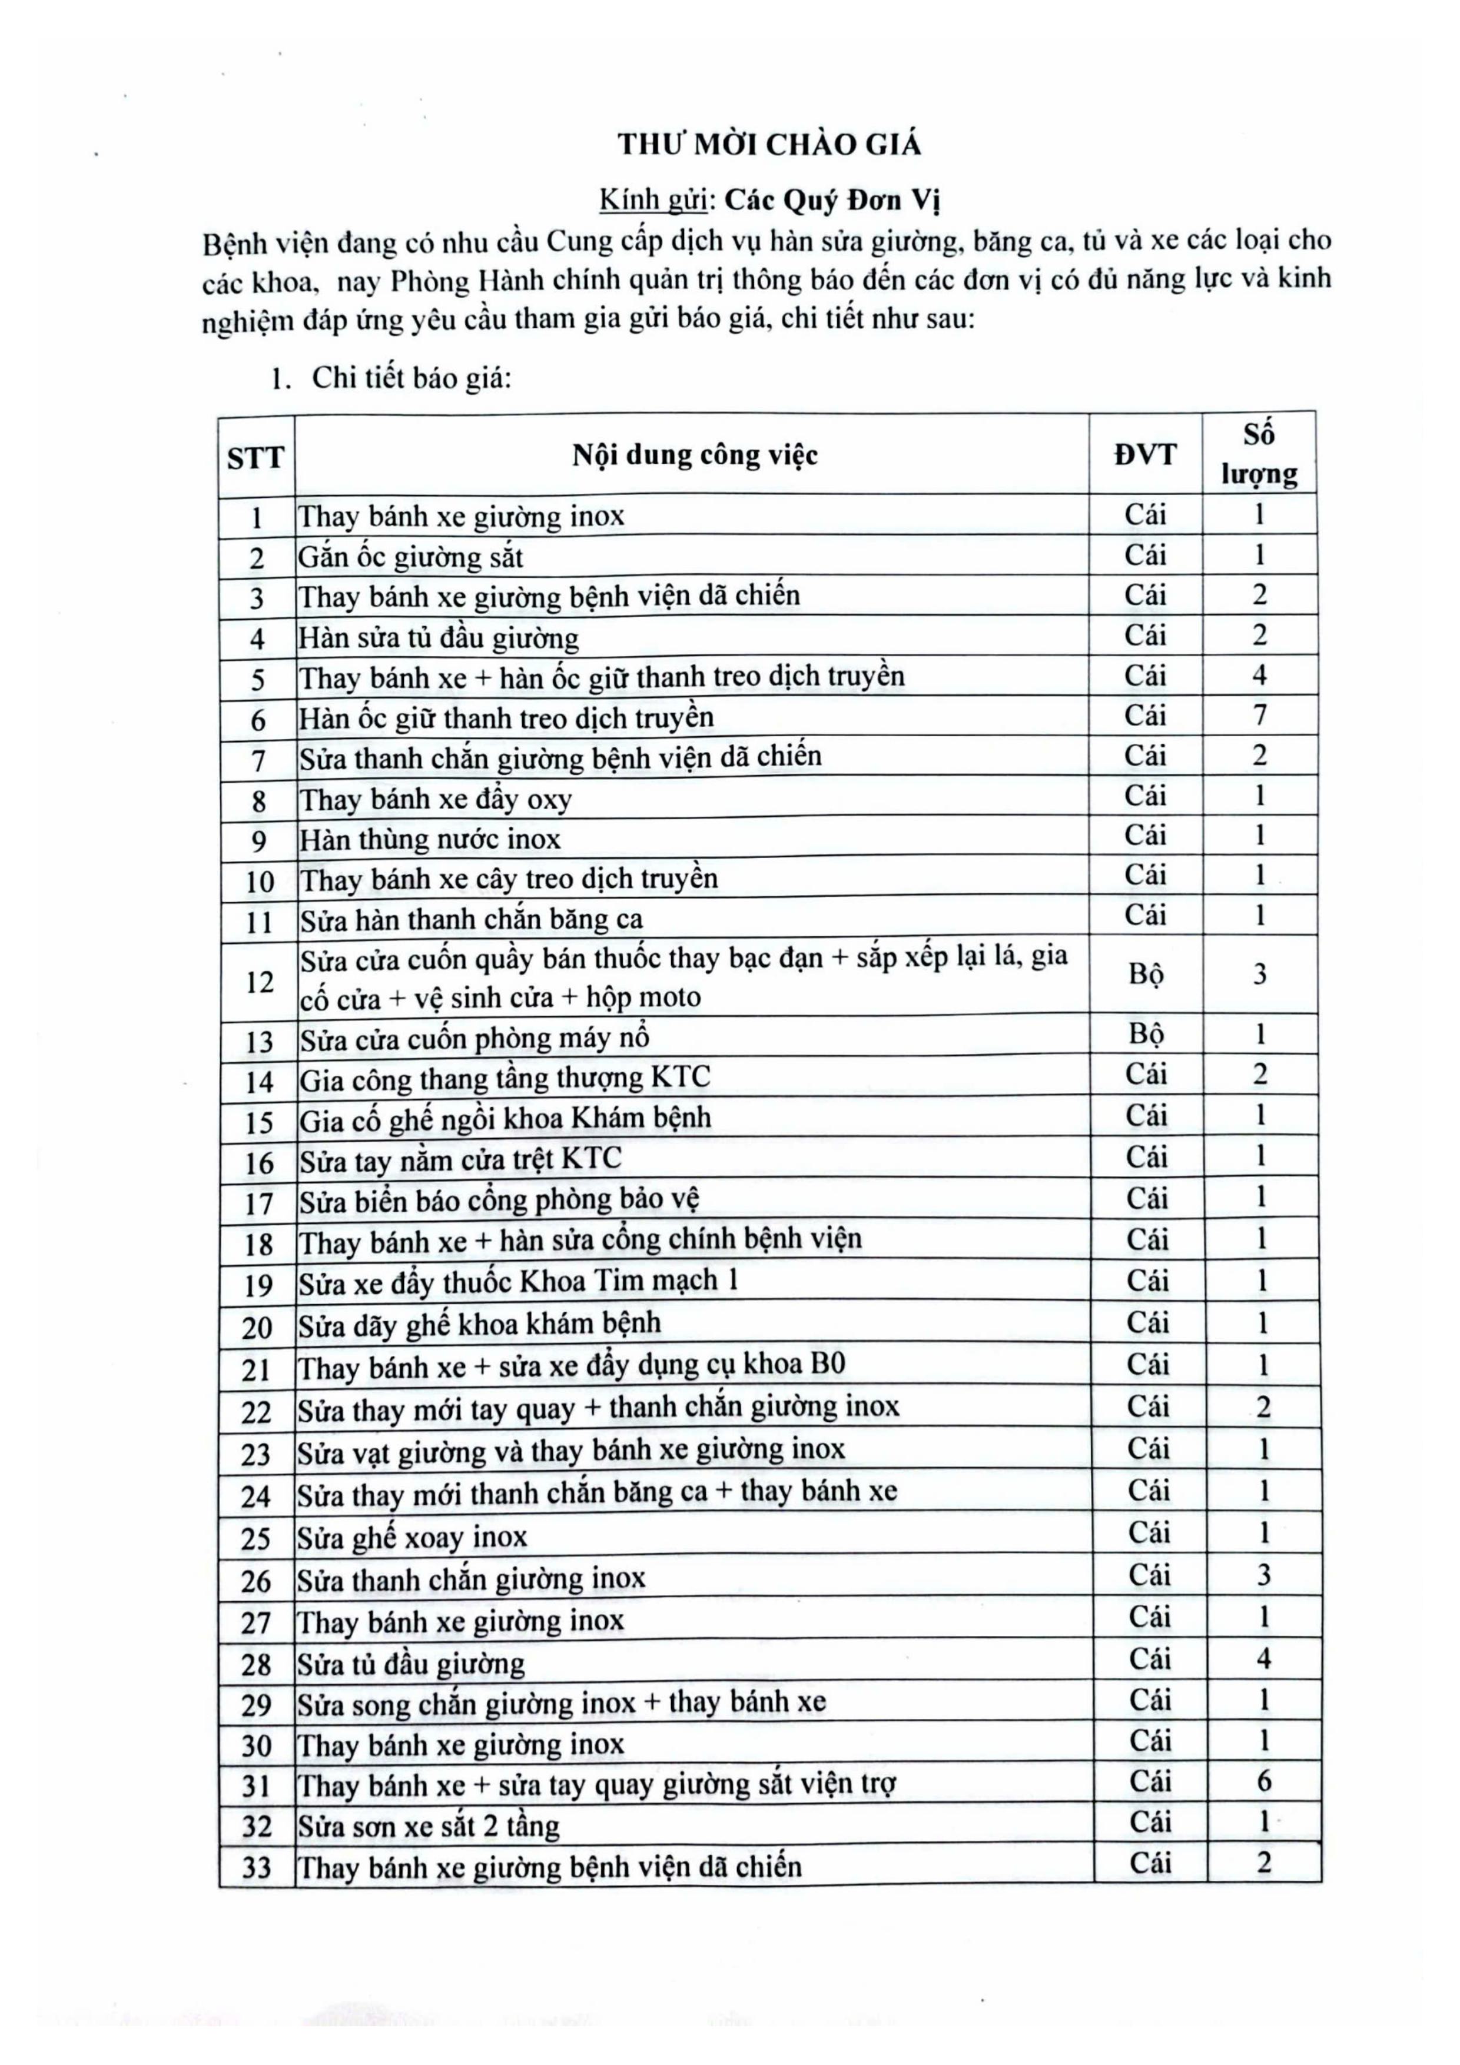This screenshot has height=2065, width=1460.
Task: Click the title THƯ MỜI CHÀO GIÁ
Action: point(769,145)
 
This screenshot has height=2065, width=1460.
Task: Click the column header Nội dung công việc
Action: point(695,455)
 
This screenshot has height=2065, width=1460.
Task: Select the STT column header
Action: point(255,458)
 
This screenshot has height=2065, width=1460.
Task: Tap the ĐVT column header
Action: point(1145,454)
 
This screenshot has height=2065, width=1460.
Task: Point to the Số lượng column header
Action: point(1259,454)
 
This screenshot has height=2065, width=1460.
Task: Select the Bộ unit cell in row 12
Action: point(1146,975)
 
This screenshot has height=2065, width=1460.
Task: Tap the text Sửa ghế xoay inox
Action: point(413,1537)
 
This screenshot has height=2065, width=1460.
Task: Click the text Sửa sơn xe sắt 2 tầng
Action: point(429,1825)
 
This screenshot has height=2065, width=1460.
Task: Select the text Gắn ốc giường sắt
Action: point(411,558)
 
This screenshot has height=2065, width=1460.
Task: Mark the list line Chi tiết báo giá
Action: point(411,378)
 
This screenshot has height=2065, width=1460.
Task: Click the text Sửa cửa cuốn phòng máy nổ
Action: point(475,1039)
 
